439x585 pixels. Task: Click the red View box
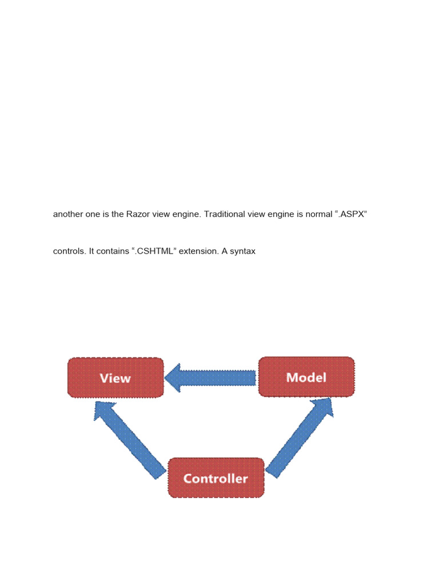(x=115, y=378)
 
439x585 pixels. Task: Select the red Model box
(x=306, y=377)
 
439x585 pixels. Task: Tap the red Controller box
(x=216, y=478)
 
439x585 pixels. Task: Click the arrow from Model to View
(x=211, y=378)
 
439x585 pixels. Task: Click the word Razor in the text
(x=137, y=214)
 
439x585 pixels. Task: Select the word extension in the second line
(x=195, y=251)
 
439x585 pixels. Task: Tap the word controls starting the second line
(x=70, y=251)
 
